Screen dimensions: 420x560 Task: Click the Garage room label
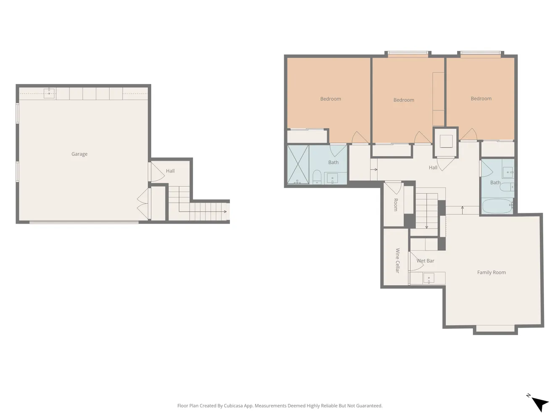(79, 154)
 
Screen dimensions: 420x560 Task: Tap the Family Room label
(491, 273)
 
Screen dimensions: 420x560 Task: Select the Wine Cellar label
(397, 260)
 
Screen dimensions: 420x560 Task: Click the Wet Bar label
(425, 261)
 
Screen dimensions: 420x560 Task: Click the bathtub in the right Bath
(497, 206)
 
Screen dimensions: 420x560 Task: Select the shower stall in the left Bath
(298, 165)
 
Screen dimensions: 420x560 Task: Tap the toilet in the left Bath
(317, 177)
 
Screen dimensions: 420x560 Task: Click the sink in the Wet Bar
(429, 278)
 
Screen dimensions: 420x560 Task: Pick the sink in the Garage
(49, 93)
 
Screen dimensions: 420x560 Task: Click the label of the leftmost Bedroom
(331, 99)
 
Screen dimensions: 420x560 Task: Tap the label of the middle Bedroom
(404, 100)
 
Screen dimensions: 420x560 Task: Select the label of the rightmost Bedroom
(481, 99)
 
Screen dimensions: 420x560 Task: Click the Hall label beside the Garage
(170, 171)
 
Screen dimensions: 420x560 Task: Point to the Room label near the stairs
(396, 205)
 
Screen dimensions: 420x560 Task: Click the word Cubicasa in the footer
(234, 406)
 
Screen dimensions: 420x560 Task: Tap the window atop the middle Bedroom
(408, 54)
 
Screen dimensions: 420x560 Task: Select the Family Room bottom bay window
(495, 328)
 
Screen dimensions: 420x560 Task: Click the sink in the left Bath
(332, 178)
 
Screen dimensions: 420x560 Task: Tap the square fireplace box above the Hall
(446, 141)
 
